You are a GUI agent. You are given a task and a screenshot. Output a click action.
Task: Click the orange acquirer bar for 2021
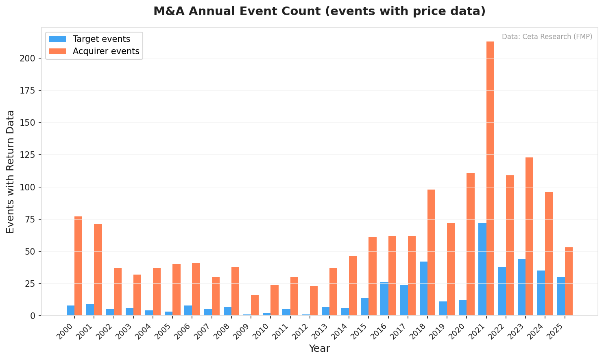pos(490,179)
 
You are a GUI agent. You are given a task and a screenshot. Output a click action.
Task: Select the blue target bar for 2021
pos(482,269)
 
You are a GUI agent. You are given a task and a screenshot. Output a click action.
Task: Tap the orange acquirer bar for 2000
pos(78,266)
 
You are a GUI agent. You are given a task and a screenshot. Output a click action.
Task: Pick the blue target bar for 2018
pos(423,288)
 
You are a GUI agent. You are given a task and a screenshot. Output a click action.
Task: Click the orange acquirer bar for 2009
pos(255,305)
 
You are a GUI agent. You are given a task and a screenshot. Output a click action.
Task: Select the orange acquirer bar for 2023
pos(529,236)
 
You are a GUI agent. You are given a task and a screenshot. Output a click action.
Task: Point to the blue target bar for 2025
pos(561,296)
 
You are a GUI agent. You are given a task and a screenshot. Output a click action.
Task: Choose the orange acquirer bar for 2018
pos(431,253)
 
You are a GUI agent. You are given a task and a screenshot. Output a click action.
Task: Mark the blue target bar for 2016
pos(384,299)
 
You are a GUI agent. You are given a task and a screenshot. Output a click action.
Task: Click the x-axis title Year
pos(319,349)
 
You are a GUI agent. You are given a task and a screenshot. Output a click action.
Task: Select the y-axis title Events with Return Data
pos(11,172)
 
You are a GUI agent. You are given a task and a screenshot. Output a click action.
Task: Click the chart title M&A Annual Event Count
pos(319,11)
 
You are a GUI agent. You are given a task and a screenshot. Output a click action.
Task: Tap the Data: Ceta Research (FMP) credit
pos(547,37)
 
